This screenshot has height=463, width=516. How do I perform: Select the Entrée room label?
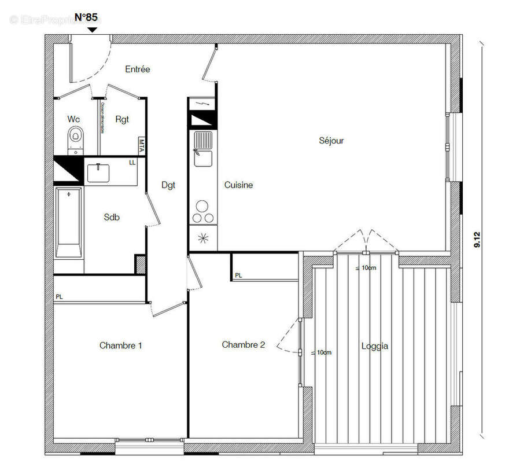pos(138,69)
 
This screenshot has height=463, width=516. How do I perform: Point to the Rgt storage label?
pos(122,119)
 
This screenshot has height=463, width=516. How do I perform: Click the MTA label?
pos(141,145)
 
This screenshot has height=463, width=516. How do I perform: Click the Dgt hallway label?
pos(168,185)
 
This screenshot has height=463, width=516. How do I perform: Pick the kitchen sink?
pos(203,146)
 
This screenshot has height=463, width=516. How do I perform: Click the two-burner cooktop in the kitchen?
pos(203,212)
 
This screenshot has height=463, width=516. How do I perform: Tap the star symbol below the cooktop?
pos(203,238)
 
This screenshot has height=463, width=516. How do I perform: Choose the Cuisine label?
pos(238,185)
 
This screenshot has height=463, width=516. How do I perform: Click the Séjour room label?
pos(331,141)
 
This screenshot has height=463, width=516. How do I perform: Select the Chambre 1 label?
pos(121,346)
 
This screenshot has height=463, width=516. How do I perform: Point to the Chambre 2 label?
pos(244,345)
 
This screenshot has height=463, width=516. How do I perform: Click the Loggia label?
pos(375,346)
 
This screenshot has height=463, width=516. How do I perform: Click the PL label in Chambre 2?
pos(238,275)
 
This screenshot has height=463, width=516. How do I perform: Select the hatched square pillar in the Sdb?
pos(140,264)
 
